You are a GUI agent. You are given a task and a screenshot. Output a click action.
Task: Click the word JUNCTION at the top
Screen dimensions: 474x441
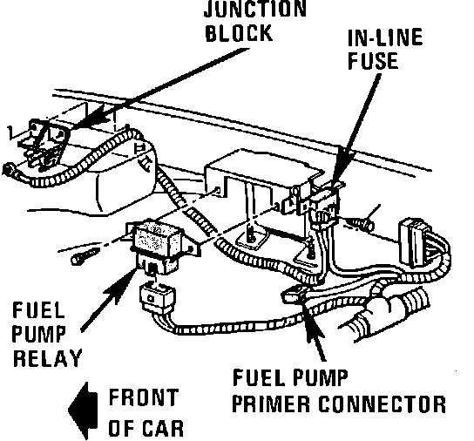pyautogui.click(x=255, y=9)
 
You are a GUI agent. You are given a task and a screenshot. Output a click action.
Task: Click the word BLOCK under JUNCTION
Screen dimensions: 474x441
pyautogui.click(x=239, y=32)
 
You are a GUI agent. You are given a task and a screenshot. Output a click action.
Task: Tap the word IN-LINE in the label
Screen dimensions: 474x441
pyautogui.click(x=385, y=37)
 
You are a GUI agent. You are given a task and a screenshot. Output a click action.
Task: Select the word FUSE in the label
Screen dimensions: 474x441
pyautogui.click(x=373, y=61)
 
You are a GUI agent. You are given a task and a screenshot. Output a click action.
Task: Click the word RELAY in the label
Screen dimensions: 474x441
pyautogui.click(x=47, y=358)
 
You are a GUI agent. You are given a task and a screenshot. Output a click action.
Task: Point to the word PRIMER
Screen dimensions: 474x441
pyautogui.click(x=272, y=404)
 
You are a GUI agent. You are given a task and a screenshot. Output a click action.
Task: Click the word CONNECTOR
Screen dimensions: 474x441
pyautogui.click(x=383, y=404)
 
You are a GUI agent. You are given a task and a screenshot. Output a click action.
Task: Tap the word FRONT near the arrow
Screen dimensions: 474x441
pyautogui.click(x=143, y=397)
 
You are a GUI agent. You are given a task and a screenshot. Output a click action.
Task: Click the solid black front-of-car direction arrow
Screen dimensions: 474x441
pyautogui.click(x=84, y=410)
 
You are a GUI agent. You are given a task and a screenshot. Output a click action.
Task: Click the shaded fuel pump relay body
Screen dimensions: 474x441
pyautogui.click(x=157, y=238)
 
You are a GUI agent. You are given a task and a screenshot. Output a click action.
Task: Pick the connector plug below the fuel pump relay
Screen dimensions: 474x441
pyautogui.click(x=158, y=296)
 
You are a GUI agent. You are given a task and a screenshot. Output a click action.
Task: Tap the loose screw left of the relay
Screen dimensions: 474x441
pyautogui.click(x=85, y=255)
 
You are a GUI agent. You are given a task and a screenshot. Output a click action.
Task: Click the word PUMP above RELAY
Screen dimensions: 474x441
pyautogui.click(x=38, y=334)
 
